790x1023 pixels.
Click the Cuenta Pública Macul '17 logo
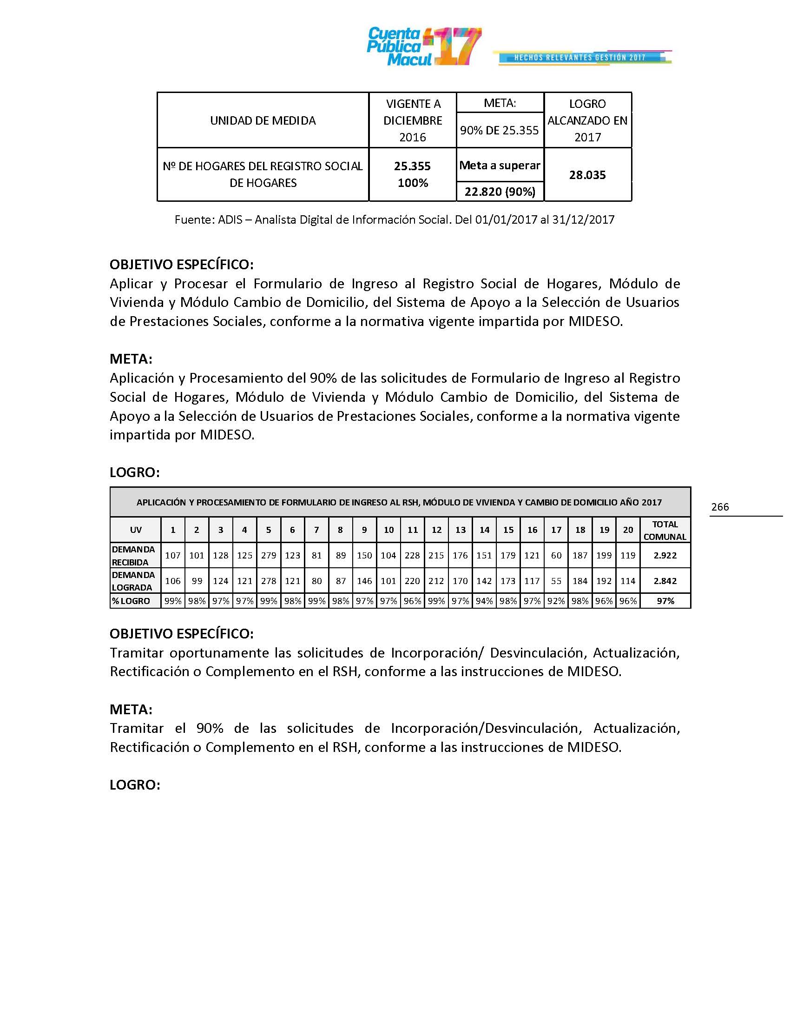423,46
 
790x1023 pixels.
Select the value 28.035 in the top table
587,175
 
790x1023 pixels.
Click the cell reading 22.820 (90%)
500,192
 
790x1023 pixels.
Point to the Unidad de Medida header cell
263,120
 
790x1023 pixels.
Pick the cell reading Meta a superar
500,166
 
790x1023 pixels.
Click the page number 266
720,507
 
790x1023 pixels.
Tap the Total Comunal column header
665,530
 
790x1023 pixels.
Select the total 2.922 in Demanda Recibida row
665,556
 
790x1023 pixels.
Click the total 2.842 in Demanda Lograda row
665,581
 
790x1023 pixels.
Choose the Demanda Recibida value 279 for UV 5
269,556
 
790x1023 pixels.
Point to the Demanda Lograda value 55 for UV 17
556,581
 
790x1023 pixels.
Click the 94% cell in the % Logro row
484,601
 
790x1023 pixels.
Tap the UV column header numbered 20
628,530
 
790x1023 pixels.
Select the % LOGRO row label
131,601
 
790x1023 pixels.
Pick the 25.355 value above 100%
412,166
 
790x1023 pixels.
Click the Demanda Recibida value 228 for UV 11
412,556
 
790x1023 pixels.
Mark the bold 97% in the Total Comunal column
665,601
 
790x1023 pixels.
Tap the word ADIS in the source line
230,219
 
